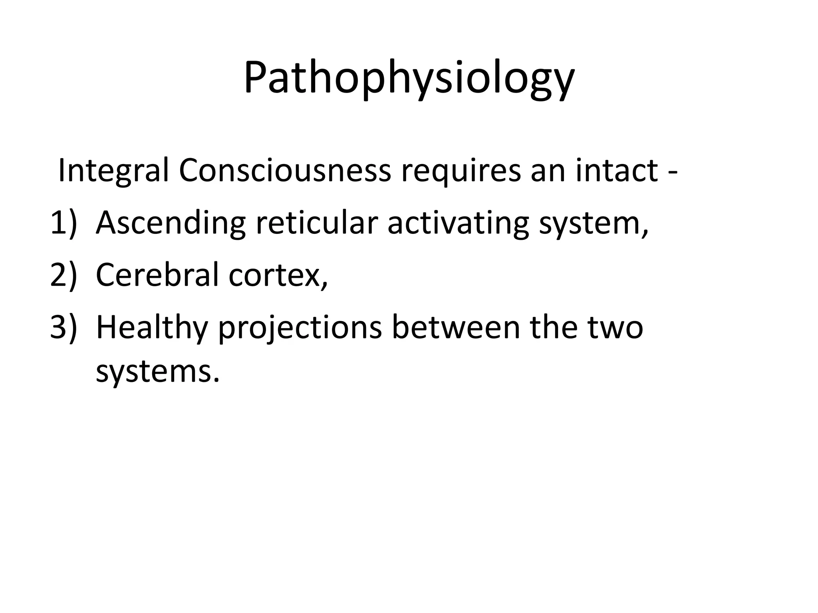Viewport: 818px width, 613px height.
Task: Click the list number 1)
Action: point(63,223)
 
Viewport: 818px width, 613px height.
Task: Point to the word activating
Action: point(458,223)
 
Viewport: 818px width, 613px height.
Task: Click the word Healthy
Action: point(152,328)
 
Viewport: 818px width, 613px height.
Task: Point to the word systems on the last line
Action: point(158,372)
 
